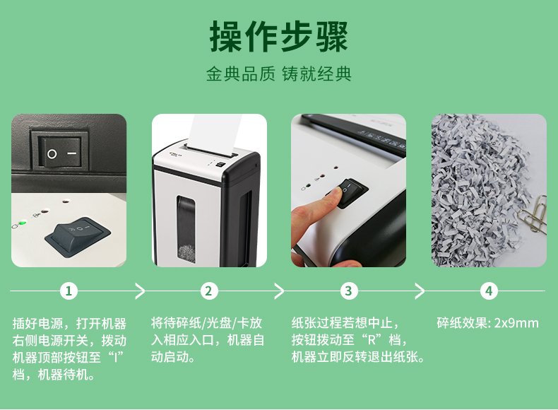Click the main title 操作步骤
(x=278, y=36)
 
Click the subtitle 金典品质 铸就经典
(x=278, y=74)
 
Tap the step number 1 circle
(x=69, y=291)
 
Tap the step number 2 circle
(x=208, y=291)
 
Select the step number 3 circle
(x=349, y=291)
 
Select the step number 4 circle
(x=489, y=291)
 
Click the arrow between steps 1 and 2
(x=141, y=291)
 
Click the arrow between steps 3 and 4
(x=420, y=291)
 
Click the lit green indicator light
(x=23, y=223)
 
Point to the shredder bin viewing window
(x=186, y=230)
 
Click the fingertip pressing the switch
(x=334, y=194)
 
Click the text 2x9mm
(x=516, y=323)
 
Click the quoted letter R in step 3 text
(x=372, y=340)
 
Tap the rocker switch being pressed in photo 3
(x=350, y=192)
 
